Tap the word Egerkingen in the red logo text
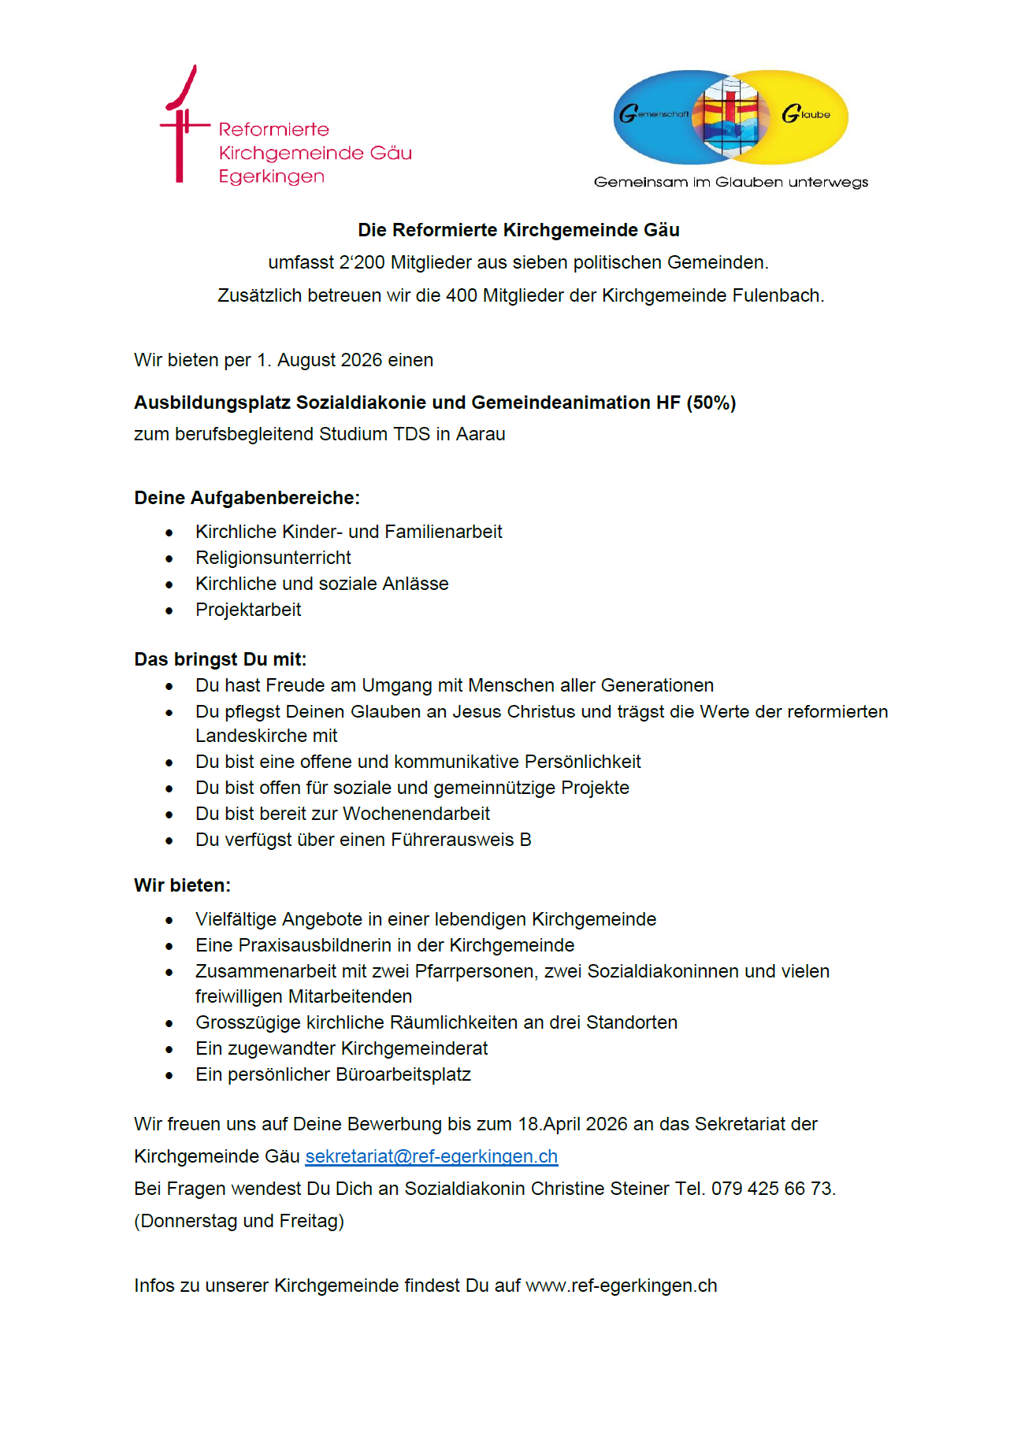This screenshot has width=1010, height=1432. click(271, 176)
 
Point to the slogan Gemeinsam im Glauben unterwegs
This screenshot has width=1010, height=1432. click(730, 182)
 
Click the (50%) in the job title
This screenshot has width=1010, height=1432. click(711, 403)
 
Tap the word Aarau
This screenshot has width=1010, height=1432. click(481, 434)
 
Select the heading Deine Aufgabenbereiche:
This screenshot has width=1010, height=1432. click(247, 498)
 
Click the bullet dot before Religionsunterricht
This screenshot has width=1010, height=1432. click(169, 558)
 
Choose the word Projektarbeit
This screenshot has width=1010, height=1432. click(248, 610)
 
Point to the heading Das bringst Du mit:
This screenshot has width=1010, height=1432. click(220, 659)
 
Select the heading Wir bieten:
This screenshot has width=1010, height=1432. click(182, 885)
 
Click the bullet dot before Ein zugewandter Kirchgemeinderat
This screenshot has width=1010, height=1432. click(169, 1049)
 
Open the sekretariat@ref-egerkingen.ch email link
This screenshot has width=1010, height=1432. click(431, 1156)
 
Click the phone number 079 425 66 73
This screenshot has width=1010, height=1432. click(771, 1189)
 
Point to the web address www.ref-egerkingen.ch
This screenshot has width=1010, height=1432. click(621, 1285)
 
